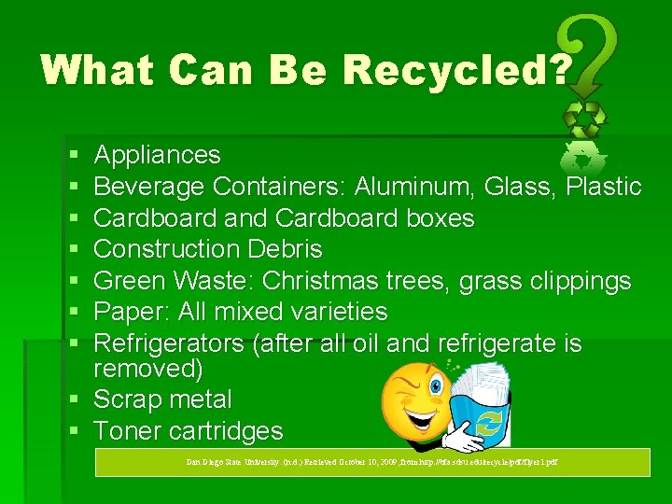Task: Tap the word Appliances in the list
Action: [x=158, y=155]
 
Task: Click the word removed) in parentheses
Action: [x=148, y=369]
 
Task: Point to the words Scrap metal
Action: [x=163, y=399]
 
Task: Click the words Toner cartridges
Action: [x=189, y=431]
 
